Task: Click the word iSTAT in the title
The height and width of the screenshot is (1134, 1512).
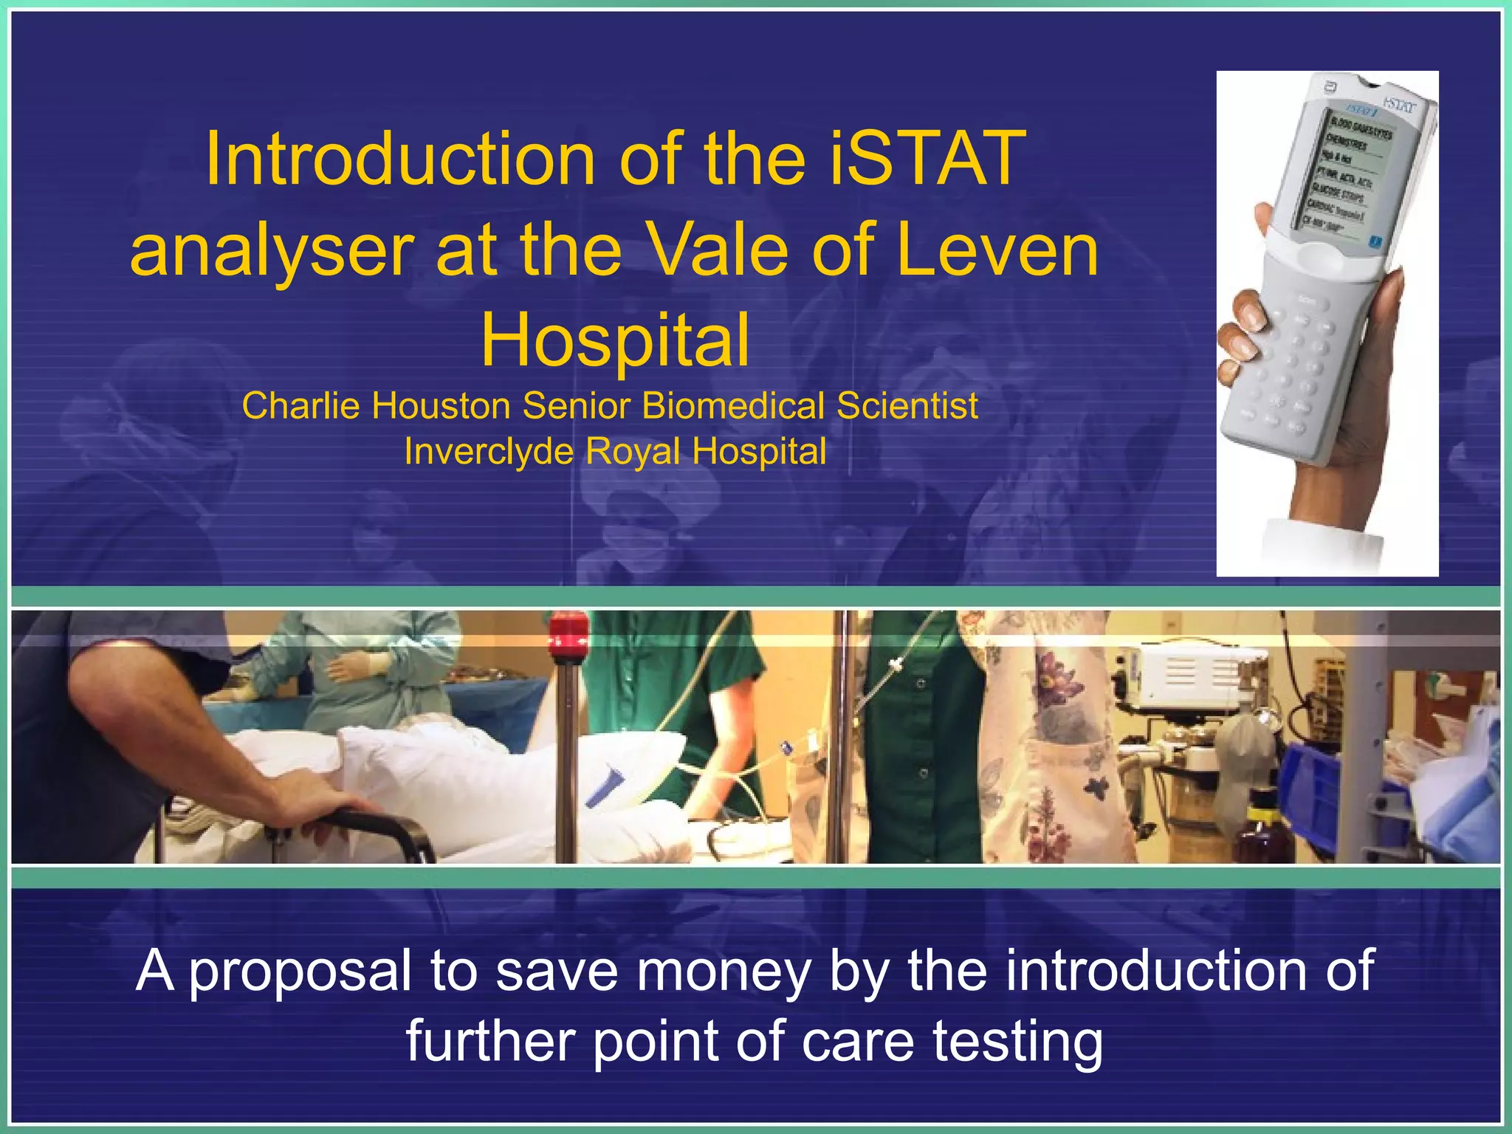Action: point(927,159)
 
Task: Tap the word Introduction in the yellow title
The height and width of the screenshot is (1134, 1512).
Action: point(399,159)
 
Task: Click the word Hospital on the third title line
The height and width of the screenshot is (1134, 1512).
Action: point(615,340)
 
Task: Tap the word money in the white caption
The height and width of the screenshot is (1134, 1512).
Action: point(724,971)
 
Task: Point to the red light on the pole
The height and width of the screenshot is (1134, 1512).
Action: point(568,633)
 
